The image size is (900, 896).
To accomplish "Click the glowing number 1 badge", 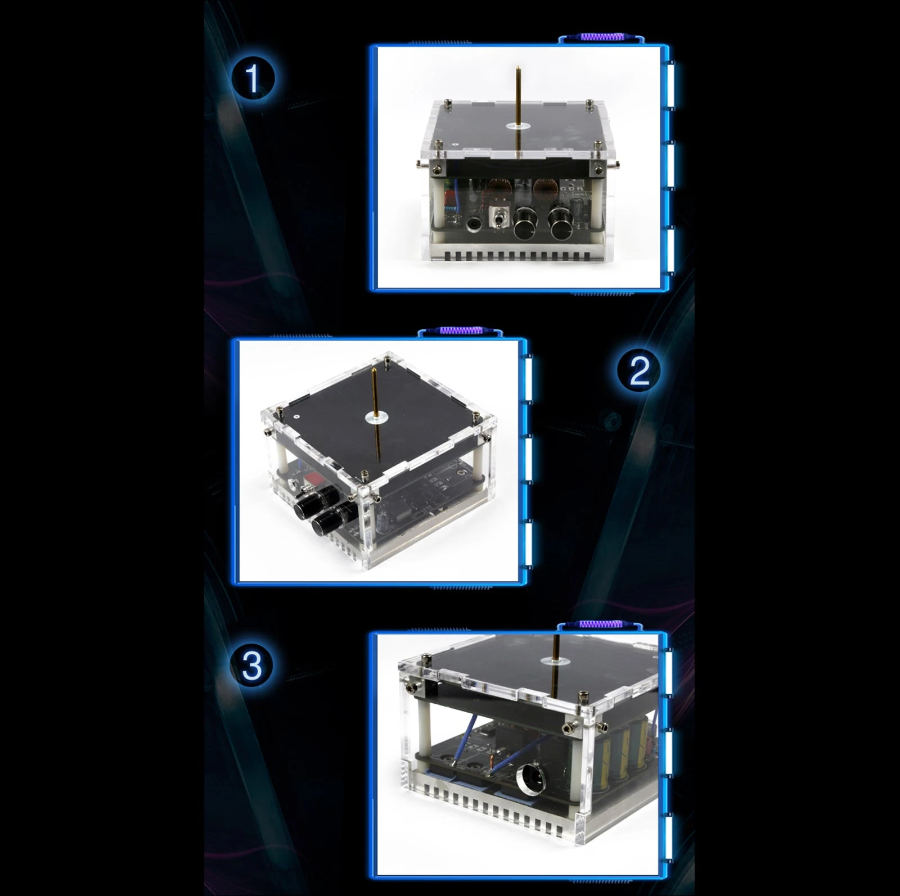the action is [x=253, y=78].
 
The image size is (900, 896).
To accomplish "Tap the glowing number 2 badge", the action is [x=638, y=371].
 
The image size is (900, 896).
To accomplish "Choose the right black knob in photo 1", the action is [x=561, y=223].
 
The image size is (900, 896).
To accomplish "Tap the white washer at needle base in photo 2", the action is [x=375, y=417].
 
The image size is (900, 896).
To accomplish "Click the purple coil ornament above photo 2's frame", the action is [x=461, y=331].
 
